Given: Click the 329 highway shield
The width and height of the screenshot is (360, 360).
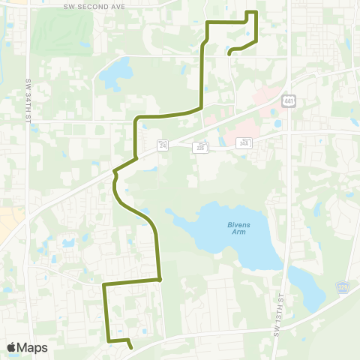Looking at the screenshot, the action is (341, 288).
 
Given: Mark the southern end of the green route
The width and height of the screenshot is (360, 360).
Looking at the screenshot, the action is (131, 348).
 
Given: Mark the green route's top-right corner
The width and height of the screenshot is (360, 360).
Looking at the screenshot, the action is (256, 13).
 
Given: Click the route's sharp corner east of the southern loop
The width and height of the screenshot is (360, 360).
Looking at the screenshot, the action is (160, 280).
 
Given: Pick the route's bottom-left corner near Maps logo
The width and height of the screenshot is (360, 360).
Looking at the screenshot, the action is (109, 341).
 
